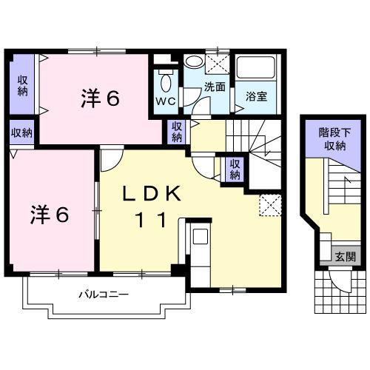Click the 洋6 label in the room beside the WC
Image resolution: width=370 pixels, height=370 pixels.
point(100,98)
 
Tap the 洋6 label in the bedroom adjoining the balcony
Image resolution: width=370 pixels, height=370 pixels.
point(50,215)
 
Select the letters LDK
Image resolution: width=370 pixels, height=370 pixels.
point(152,195)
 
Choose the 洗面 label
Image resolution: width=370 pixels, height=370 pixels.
point(215,87)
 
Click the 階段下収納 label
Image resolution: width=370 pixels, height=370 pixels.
point(332,139)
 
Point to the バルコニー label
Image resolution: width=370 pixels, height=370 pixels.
point(104,295)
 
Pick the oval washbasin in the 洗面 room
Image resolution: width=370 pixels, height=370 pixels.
point(195,63)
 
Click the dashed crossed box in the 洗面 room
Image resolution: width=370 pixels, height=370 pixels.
point(219,61)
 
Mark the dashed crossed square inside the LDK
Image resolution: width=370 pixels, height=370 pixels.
point(269,204)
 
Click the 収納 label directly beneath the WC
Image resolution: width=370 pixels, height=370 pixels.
point(177,132)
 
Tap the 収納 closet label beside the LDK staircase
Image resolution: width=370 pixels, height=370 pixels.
point(235,169)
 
